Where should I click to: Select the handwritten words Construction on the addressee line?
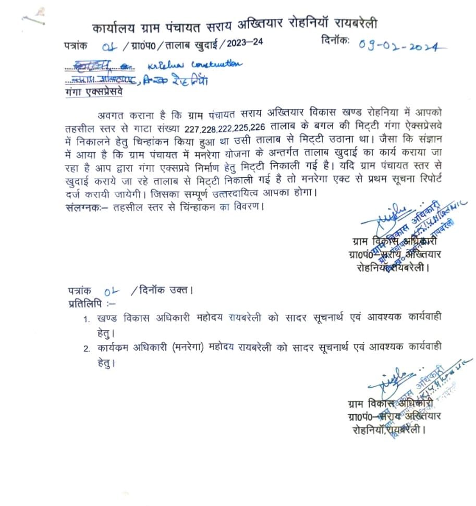pyautogui.click(x=217, y=65)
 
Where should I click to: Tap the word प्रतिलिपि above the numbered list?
pyautogui.click(x=84, y=303)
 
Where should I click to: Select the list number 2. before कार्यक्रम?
pyautogui.click(x=87, y=348)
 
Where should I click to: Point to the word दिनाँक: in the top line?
pyautogui.click(x=336, y=42)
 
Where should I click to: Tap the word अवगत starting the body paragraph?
pyautogui.click(x=111, y=114)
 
